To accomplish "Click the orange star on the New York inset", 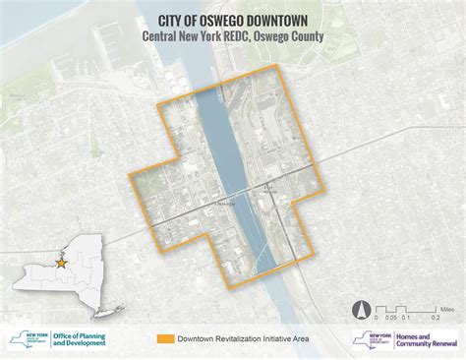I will pyautogui.click(x=61, y=264).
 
